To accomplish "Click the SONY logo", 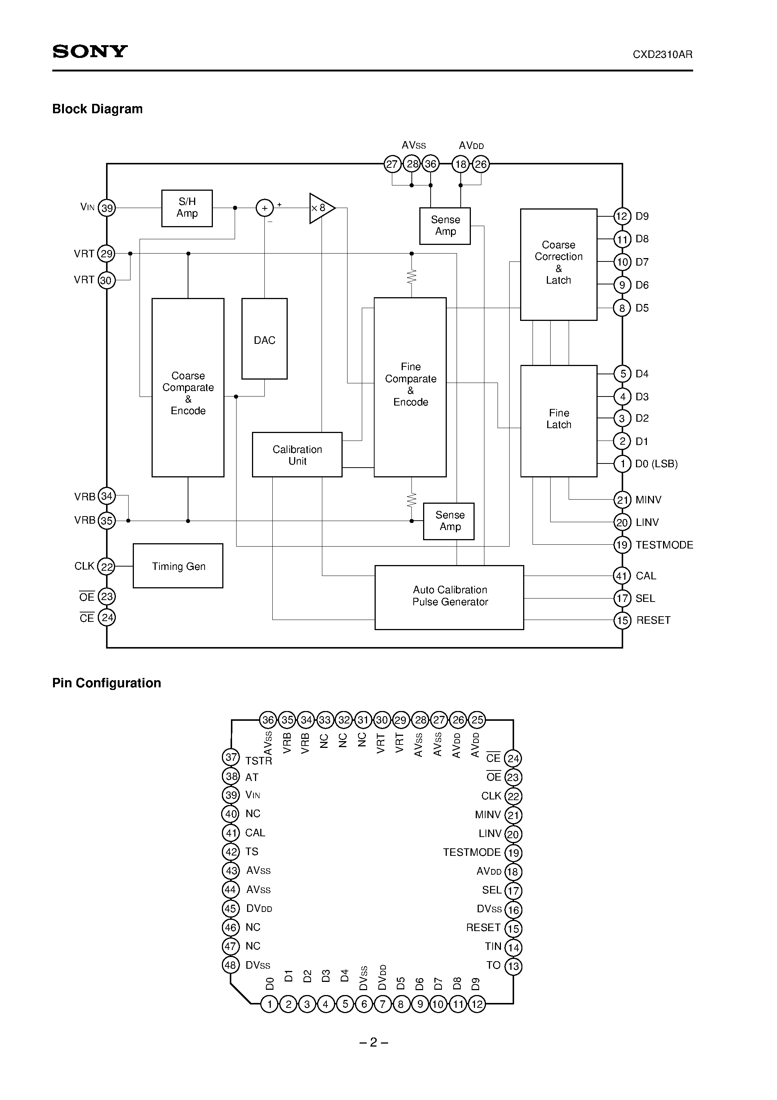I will coord(90,51).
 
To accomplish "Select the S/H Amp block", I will coord(187,208).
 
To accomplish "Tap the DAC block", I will coord(264,339).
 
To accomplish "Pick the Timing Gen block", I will coord(178,566).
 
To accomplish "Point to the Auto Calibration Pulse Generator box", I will coord(449,597).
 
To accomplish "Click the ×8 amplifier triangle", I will coord(320,208).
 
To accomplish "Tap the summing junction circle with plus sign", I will coord(264,208).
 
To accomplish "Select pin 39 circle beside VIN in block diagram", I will coord(107,208).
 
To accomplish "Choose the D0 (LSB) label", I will coord(656,464).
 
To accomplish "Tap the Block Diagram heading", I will coord(97,109).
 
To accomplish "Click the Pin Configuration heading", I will coord(106,683).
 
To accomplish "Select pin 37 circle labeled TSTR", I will coord(231,757).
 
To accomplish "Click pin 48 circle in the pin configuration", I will coord(231,965).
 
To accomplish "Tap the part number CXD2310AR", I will coord(662,55).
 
